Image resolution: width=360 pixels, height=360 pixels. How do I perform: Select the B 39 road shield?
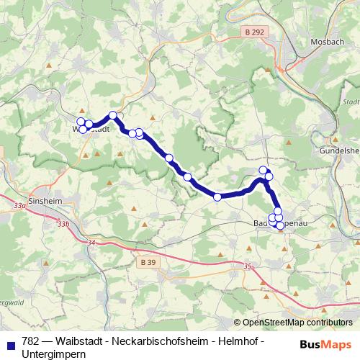pyautogui.click(x=148, y=261)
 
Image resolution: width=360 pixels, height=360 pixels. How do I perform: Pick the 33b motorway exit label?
pyautogui.click(x=64, y=225)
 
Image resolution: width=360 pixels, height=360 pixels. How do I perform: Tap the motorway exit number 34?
pyautogui.click(x=90, y=243)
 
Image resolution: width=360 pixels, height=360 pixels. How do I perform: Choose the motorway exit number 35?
pyautogui.click(x=248, y=266)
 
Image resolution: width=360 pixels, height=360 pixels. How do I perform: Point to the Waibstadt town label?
pyautogui.click(x=91, y=130)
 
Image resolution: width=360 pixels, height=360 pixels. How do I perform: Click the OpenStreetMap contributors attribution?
pyautogui.click(x=297, y=323)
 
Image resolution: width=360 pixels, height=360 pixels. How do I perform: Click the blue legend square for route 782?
pyautogui.click(x=10, y=341)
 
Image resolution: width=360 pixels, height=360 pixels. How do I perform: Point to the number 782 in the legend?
pyautogui.click(x=31, y=341)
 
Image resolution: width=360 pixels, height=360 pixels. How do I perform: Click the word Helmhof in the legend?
pyautogui.click(x=235, y=341)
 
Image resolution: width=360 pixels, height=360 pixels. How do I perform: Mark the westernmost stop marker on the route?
pyautogui.click(x=81, y=122)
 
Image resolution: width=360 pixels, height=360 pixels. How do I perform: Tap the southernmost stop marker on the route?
pyautogui.click(x=280, y=225)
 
